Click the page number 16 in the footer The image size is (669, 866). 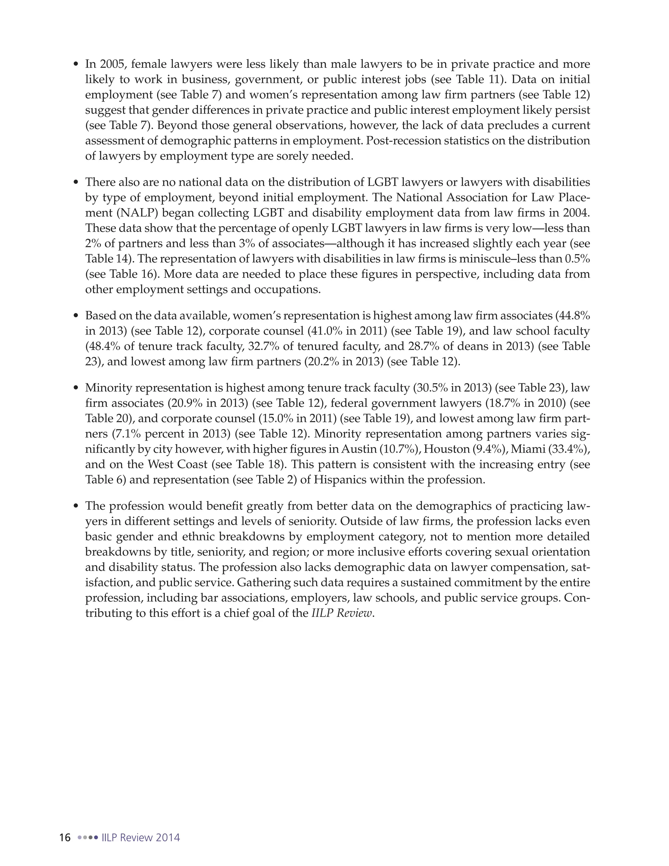[x=65, y=838]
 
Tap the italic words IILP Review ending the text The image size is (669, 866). [x=342, y=613]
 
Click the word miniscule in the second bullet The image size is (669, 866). [x=484, y=258]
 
